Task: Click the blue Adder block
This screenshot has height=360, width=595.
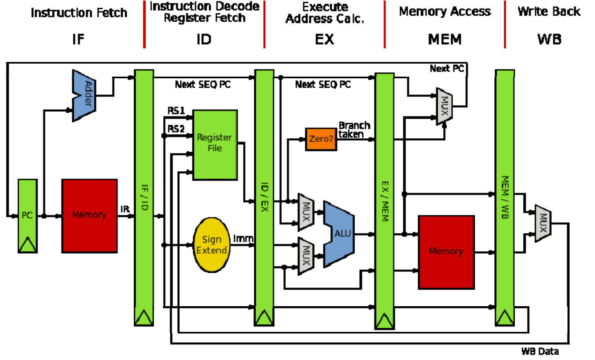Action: pyautogui.click(x=84, y=96)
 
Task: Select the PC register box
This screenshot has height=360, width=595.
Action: pyautogui.click(x=28, y=216)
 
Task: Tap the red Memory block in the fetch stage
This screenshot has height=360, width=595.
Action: pyautogui.click(x=90, y=216)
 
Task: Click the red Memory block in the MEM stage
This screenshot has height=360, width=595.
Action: pyautogui.click(x=446, y=252)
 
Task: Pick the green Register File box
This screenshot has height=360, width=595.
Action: pyautogui.click(x=215, y=145)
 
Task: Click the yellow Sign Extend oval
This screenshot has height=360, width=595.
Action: pyautogui.click(x=212, y=245)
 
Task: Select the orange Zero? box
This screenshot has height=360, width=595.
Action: pyautogui.click(x=321, y=139)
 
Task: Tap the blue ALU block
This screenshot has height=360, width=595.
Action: pyautogui.click(x=339, y=234)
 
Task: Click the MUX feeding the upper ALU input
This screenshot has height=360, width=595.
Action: pyautogui.click(x=306, y=212)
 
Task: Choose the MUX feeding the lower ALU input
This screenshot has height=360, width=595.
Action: pyautogui.click(x=306, y=256)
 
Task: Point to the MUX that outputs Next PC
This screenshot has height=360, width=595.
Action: pyautogui.click(x=444, y=106)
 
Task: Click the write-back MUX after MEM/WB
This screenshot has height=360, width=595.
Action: pyautogui.click(x=543, y=223)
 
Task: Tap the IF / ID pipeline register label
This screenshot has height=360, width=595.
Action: pyautogui.click(x=145, y=197)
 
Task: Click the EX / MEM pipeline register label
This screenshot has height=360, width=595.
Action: pyautogui.click(x=385, y=201)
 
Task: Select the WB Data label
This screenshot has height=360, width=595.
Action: pyautogui.click(x=540, y=351)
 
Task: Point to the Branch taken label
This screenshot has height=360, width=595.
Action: pyautogui.click(x=354, y=130)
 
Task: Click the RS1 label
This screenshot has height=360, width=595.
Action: pyautogui.click(x=176, y=110)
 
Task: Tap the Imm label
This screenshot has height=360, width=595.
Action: pyautogui.click(x=243, y=239)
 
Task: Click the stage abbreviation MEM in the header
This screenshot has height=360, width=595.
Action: pyautogui.click(x=445, y=39)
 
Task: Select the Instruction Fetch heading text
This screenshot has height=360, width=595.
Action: pyautogui.click(x=79, y=13)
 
